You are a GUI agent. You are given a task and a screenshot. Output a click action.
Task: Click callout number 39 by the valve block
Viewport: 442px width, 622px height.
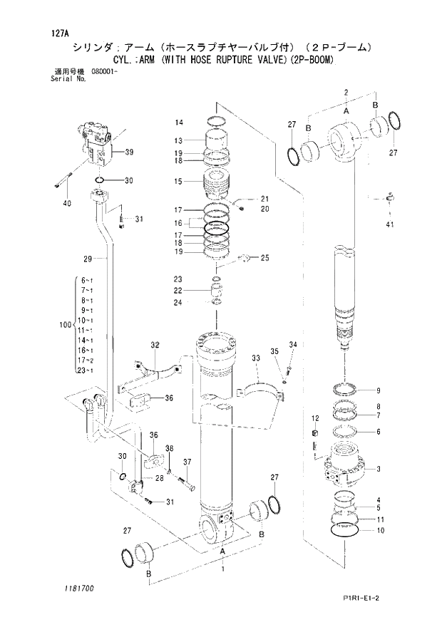tap(129, 152)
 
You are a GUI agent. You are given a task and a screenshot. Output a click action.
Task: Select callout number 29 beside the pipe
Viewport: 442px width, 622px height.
tap(88, 258)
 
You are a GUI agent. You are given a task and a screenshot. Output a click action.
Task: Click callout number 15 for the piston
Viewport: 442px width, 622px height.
tap(180, 182)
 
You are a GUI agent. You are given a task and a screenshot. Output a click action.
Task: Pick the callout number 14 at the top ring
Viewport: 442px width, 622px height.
tap(180, 123)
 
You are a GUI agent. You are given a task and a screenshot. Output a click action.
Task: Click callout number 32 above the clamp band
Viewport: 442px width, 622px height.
tap(154, 345)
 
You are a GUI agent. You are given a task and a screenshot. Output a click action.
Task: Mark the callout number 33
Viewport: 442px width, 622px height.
tap(255, 357)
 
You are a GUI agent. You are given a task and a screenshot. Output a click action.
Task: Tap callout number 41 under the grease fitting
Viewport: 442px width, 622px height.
tap(389, 226)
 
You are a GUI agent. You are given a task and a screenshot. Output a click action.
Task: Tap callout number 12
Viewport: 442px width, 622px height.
tap(314, 417)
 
